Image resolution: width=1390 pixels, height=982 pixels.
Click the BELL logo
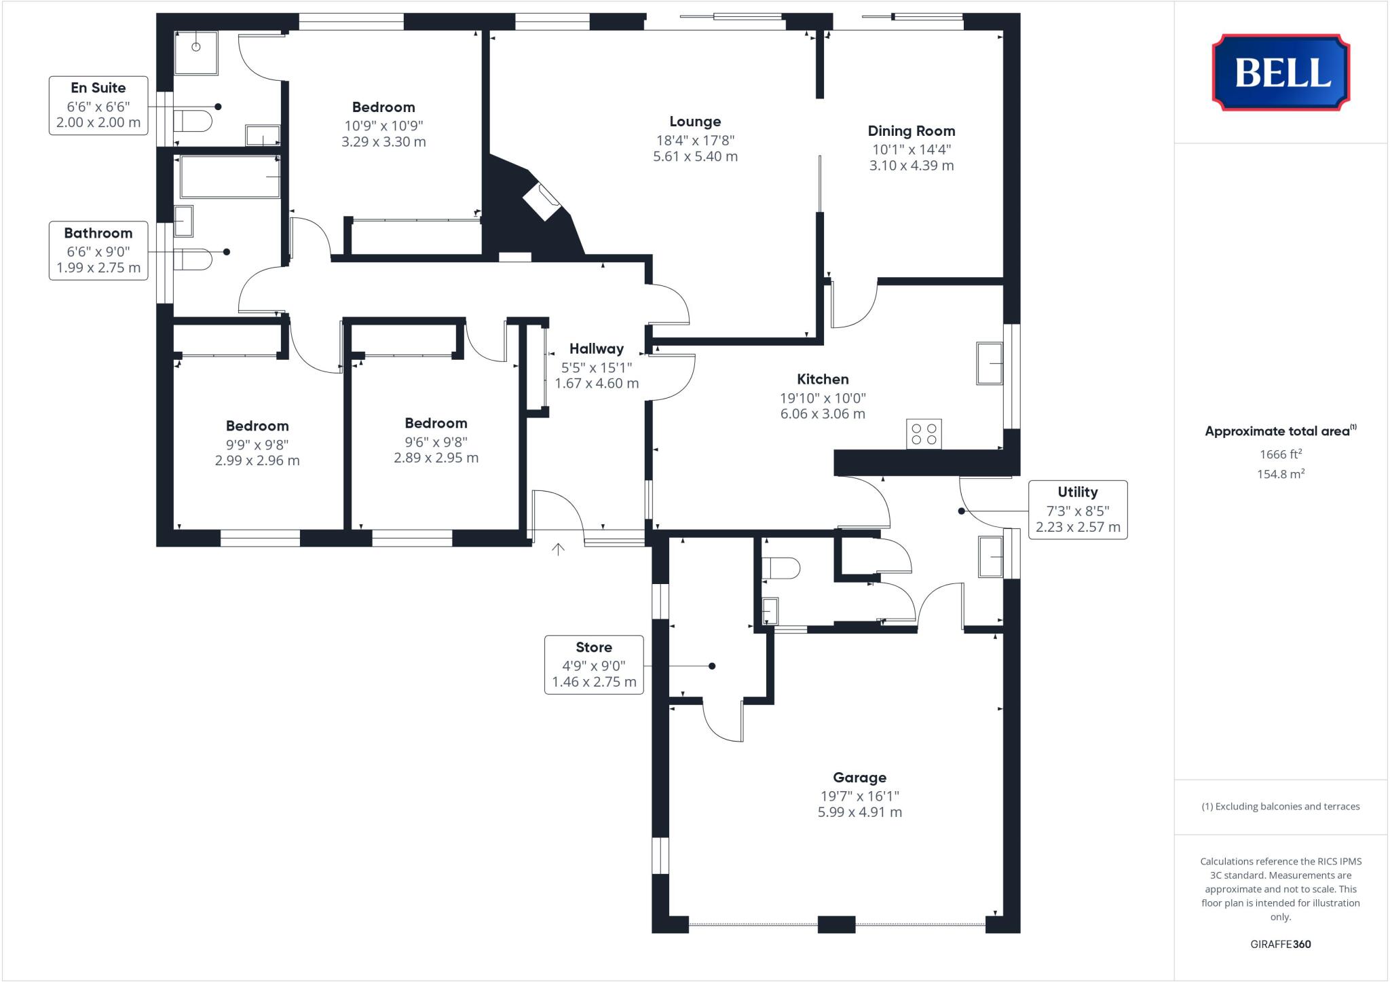click(1281, 73)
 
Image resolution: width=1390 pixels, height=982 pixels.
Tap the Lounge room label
click(695, 122)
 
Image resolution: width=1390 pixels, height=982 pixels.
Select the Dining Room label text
click(911, 131)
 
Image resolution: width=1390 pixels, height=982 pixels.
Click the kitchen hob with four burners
click(924, 434)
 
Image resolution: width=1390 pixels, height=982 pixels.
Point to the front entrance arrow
click(558, 549)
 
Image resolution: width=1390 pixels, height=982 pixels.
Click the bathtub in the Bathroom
click(229, 177)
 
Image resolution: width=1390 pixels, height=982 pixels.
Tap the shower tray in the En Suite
click(197, 52)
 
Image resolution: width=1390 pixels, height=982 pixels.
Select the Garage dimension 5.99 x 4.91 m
click(859, 812)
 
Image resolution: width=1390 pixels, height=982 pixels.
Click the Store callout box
click(594, 665)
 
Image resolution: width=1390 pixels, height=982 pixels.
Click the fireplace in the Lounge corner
click(542, 202)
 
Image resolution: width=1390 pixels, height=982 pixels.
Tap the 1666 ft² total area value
click(1280, 454)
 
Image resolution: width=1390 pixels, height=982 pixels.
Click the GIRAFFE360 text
click(1280, 944)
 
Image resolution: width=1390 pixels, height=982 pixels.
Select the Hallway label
click(596, 349)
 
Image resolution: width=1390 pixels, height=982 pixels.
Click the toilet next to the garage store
click(781, 568)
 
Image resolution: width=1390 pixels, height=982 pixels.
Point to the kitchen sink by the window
click(990, 364)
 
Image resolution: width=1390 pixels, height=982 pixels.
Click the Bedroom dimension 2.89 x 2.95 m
click(436, 458)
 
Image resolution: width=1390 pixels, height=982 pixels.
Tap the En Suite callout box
click(98, 105)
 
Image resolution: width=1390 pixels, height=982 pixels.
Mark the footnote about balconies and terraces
click(1280, 807)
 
